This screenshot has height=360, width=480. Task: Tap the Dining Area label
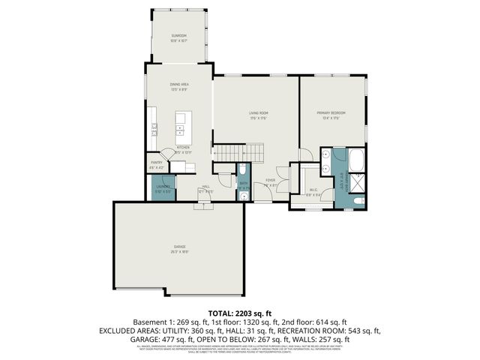[x=178, y=87]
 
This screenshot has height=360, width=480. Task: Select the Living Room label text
[x=259, y=115]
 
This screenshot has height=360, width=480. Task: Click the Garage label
[x=180, y=248]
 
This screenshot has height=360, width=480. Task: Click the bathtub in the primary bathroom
[x=356, y=159]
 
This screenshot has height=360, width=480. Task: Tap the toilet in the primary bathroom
[x=358, y=202]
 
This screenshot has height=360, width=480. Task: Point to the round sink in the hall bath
[x=245, y=195]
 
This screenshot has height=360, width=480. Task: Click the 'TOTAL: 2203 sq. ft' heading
[x=240, y=311]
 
